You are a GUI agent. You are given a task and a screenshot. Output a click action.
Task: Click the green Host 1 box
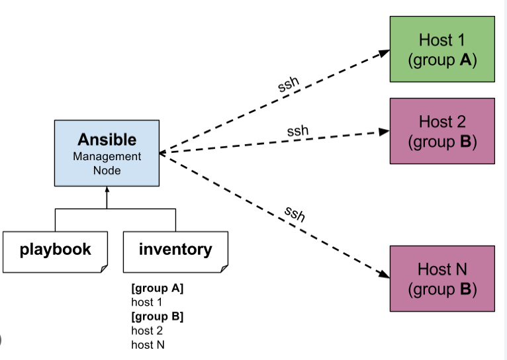(442, 50)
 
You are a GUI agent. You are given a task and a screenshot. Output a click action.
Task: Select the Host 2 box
(442, 131)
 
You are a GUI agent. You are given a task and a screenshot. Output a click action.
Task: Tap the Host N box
(442, 279)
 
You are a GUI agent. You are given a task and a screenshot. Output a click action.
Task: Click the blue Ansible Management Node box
(107, 154)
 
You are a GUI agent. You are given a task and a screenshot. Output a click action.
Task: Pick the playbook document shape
(55, 251)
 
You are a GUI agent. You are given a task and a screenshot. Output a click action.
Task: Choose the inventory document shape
(175, 251)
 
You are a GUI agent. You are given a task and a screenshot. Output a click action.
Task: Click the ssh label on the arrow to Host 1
(288, 84)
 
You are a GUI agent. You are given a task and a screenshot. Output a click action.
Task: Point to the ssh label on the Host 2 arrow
(298, 131)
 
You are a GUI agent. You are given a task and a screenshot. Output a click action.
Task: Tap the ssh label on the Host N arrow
(295, 214)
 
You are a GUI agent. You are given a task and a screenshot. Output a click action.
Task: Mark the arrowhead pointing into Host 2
(385, 132)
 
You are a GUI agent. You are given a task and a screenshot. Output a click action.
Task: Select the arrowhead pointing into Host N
(385, 275)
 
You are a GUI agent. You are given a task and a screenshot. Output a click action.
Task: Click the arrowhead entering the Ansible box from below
(107, 191)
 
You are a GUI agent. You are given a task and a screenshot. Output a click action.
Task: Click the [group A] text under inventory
(158, 289)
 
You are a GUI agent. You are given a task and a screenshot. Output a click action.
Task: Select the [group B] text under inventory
(158, 316)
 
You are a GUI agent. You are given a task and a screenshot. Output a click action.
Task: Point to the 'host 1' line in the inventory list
(146, 302)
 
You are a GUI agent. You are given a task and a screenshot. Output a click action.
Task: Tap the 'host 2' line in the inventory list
(146, 330)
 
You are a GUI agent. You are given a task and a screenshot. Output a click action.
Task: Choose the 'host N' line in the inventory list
(147, 344)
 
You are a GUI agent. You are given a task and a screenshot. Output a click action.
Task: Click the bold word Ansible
(107, 140)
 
